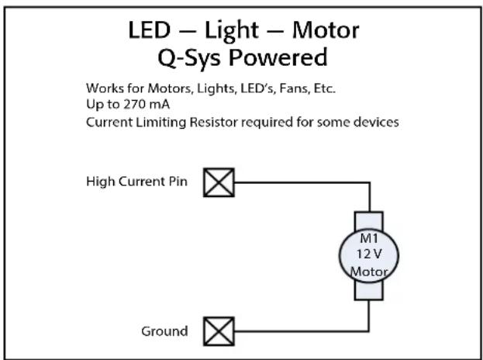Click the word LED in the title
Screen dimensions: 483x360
(150, 30)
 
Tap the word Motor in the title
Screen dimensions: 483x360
(326, 30)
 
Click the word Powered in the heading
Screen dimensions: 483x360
(278, 57)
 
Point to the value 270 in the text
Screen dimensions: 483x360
(134, 104)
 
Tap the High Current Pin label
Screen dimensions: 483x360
(136, 182)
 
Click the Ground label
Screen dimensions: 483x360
(164, 331)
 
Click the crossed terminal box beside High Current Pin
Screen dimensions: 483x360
(219, 182)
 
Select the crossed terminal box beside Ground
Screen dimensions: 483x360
(219, 331)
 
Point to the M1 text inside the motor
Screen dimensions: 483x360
(369, 238)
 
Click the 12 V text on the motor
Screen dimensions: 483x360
(369, 254)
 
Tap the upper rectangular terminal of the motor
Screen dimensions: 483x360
(369, 220)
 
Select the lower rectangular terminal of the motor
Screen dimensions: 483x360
(369, 290)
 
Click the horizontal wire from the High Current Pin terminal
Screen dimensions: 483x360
(302, 183)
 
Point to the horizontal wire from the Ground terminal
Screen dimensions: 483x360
(302, 331)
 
